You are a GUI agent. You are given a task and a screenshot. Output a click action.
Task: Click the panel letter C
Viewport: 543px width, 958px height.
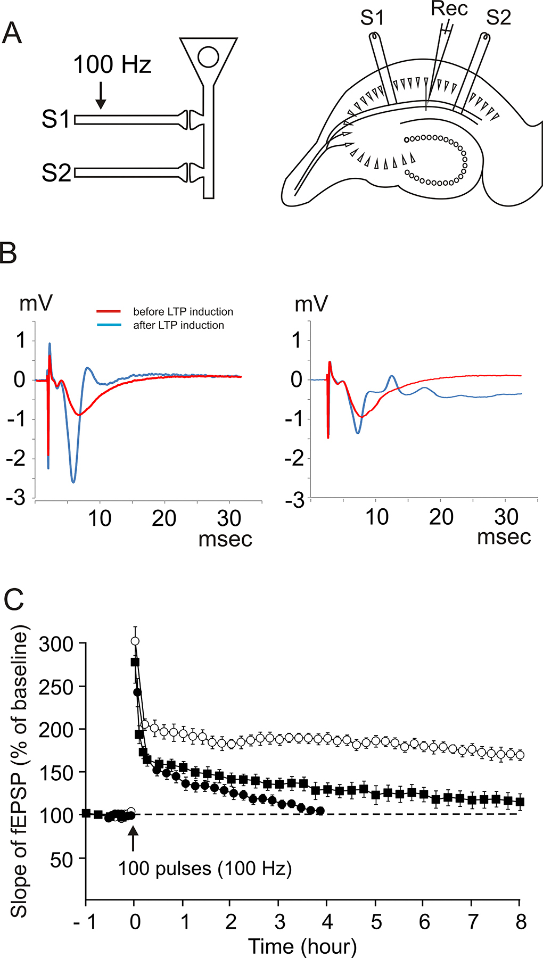[x=14, y=600]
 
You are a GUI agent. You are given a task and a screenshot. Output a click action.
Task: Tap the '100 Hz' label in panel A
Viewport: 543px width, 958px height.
[x=112, y=65]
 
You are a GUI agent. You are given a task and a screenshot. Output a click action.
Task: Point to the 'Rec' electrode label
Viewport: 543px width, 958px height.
[x=449, y=9]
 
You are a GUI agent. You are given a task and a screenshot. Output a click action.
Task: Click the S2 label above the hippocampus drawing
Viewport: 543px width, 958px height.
[x=498, y=18]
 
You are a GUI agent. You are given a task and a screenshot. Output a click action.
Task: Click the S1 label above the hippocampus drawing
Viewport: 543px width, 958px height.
[x=372, y=18]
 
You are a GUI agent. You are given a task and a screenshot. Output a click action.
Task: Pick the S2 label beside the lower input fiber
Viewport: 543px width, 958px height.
[x=56, y=174]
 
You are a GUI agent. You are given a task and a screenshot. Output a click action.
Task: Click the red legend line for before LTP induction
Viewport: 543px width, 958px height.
[x=109, y=311]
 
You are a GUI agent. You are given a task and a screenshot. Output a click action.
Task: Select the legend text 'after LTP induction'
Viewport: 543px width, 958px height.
[x=178, y=325]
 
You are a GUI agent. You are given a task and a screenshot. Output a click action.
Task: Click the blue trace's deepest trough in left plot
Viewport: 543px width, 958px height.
[x=73, y=482]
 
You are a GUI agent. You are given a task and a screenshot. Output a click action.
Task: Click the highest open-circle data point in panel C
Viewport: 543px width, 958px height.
[x=135, y=641]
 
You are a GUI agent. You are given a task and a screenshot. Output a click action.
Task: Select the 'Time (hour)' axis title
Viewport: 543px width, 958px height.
[x=302, y=946]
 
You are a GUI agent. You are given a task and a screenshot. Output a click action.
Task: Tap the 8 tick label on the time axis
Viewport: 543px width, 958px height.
[x=521, y=922]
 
